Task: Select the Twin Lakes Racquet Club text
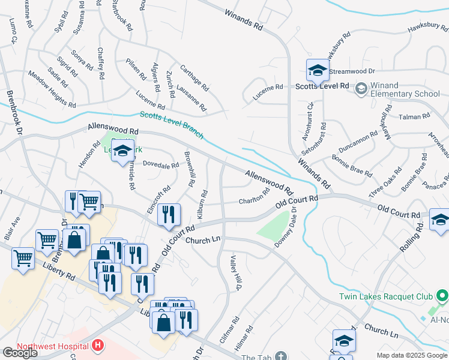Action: [x=385, y=296]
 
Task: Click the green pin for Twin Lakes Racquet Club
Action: [x=442, y=296]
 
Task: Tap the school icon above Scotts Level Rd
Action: [x=318, y=71]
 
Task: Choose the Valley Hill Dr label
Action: [x=235, y=274]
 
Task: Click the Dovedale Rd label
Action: [x=161, y=164]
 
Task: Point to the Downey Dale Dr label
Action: [x=286, y=228]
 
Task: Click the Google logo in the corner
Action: [x=20, y=352]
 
